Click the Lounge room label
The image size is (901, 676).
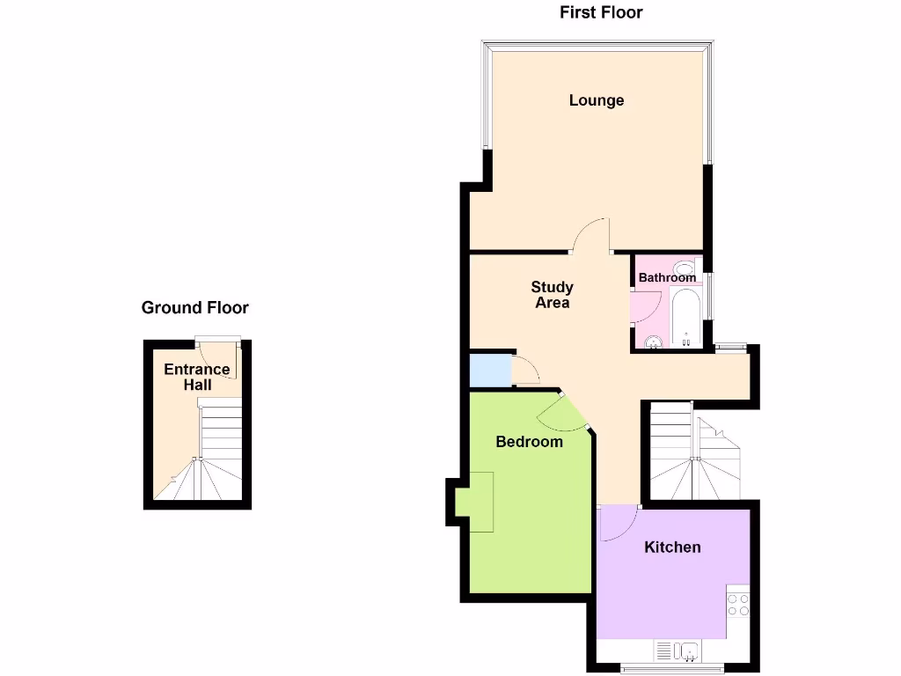[597, 100]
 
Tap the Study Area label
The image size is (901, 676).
[553, 295]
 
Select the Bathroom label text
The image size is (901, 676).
[667, 277]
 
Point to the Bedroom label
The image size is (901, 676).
[529, 441]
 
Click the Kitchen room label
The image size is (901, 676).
[673, 547]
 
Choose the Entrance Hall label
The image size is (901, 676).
[197, 377]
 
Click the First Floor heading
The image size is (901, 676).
[601, 12]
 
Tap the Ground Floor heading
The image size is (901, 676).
[195, 308]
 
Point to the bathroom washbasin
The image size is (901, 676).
[652, 342]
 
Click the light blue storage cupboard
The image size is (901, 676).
[490, 370]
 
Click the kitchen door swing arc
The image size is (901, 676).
[619, 524]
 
